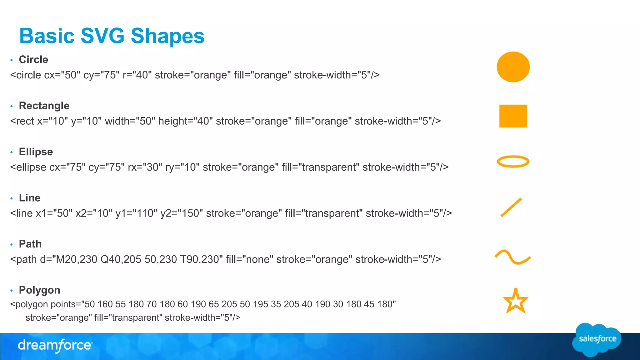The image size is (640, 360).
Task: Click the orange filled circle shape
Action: tap(513, 67)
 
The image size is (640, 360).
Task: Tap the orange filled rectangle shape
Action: tap(513, 116)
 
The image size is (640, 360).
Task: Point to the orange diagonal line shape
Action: tap(511, 207)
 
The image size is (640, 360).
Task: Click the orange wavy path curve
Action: tap(513, 257)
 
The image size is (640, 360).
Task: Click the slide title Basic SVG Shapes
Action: tap(112, 36)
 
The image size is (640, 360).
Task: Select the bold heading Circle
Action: tap(33, 59)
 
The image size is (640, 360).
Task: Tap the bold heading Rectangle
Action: tap(44, 106)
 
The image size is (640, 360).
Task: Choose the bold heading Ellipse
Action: tap(36, 152)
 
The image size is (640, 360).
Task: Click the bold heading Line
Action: tap(30, 198)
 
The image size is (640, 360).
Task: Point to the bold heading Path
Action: tap(30, 244)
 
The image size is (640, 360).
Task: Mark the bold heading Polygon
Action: tap(40, 290)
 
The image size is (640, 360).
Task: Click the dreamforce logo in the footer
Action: tap(55, 345)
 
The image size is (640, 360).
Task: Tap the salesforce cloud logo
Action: tap(597, 339)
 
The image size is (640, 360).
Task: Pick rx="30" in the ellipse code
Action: tap(145, 167)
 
